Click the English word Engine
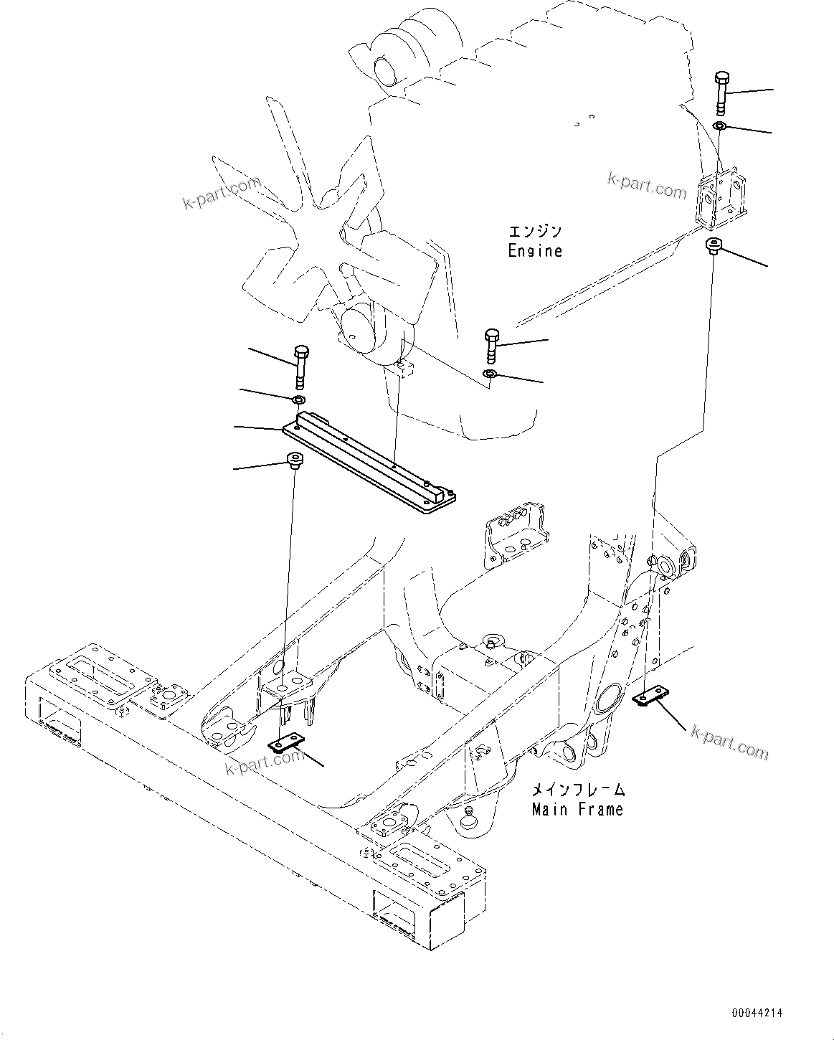pos(535,251)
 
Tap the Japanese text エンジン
pos(535,232)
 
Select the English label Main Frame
pos(577,809)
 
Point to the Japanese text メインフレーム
pos(577,790)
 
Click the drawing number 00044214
pos(757,1013)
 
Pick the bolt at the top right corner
pos(722,92)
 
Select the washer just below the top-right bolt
pos(720,127)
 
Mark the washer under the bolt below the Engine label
pos(490,376)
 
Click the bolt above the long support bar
pos(302,364)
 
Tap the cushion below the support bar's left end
pos(294,459)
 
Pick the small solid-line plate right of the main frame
pos(653,695)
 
